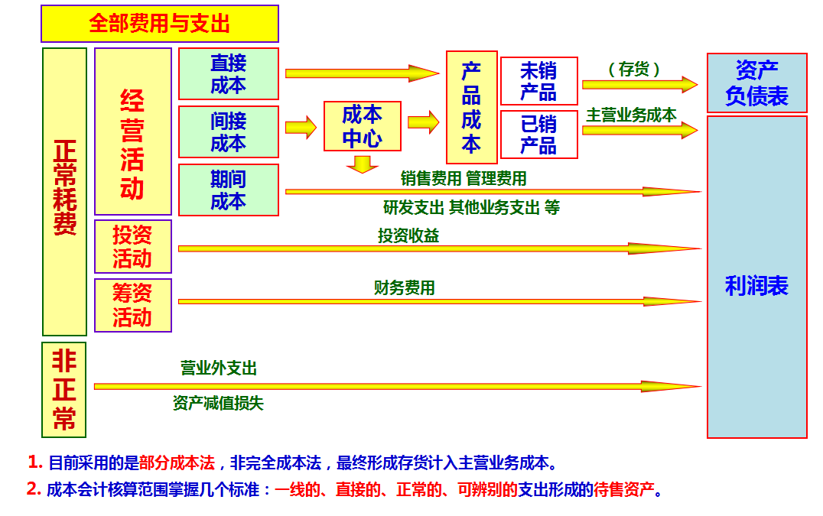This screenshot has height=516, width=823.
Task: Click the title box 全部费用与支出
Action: [159, 24]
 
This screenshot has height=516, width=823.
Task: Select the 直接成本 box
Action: [229, 73]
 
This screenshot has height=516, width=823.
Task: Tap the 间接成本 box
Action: [229, 131]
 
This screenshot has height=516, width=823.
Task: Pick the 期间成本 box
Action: [229, 190]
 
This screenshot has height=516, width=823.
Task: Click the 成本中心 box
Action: [362, 127]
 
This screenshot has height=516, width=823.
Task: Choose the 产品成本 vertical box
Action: [471, 107]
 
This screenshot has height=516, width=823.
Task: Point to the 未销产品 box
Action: [538, 81]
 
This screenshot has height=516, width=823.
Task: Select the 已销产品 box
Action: [538, 135]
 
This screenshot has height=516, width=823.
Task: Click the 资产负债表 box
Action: [756, 83]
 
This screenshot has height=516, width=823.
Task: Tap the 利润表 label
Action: [756, 286]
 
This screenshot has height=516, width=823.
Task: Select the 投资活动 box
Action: [132, 247]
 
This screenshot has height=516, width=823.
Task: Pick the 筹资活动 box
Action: [132, 305]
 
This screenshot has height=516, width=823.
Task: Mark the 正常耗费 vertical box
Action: [64, 191]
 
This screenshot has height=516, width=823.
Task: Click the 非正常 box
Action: [64, 389]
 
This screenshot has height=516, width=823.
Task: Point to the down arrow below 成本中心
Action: [362, 164]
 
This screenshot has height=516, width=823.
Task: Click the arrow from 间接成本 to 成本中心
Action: [301, 127]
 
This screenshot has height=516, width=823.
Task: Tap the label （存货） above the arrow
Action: [634, 70]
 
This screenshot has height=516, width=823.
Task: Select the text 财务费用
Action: [404, 288]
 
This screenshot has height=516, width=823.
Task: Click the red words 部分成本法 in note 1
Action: [177, 463]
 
